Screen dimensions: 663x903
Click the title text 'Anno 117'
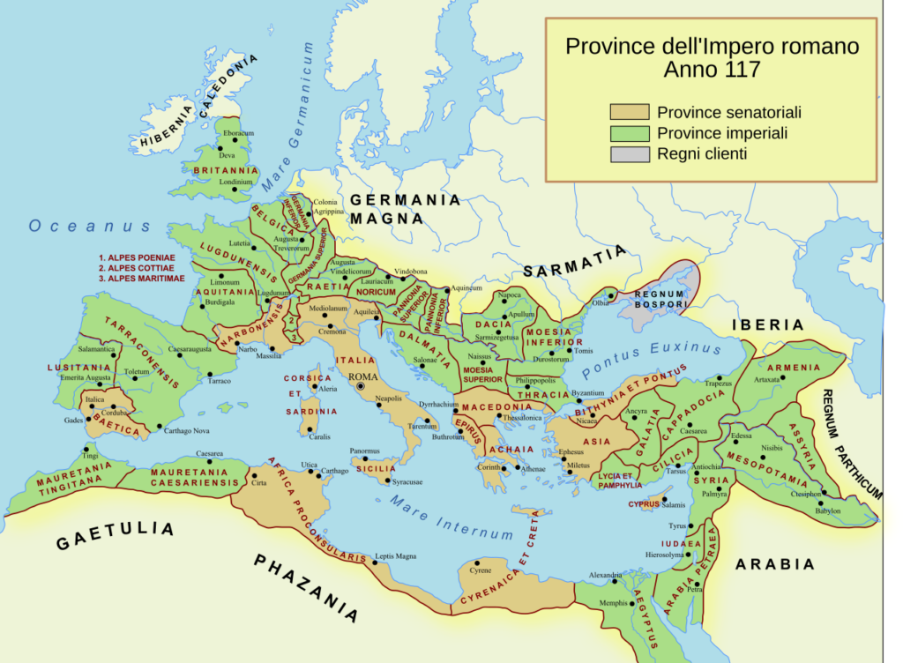point(712,70)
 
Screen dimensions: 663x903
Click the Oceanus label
point(91,227)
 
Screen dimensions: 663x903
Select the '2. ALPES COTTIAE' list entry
point(138,267)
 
